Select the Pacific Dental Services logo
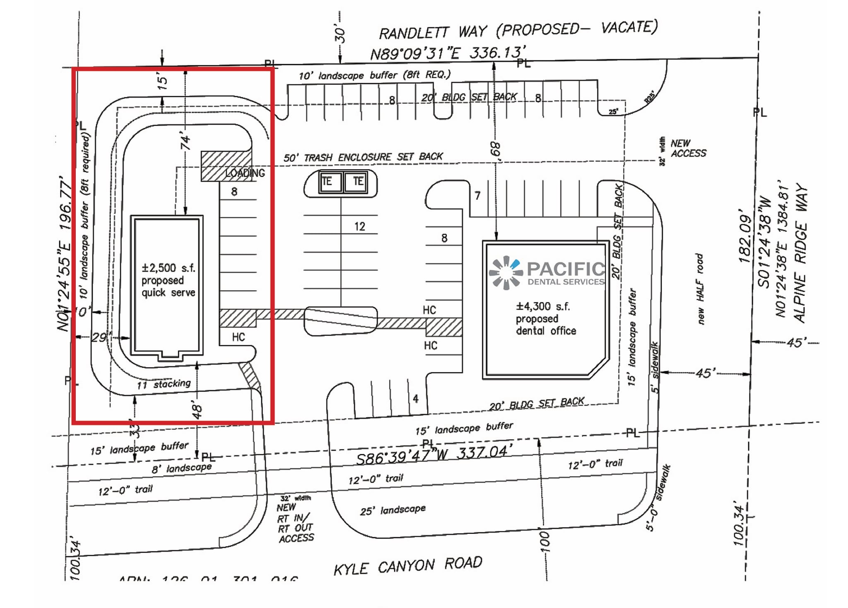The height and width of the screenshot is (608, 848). coord(547,273)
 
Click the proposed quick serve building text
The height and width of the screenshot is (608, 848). coord(168,280)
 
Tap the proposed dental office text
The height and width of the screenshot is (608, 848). coord(546,319)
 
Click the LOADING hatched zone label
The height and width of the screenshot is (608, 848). coord(245,173)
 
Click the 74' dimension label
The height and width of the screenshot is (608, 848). coord(186,141)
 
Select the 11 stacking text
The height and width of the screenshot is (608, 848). coord(164,384)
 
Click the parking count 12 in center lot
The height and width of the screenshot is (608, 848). coord(359,226)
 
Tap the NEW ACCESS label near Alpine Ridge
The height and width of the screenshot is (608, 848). coord(688,148)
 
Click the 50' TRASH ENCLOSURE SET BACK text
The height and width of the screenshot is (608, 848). coord(363,157)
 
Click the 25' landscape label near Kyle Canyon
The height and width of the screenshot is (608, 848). coord(393,510)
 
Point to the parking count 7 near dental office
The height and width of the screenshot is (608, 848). coord(477,195)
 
